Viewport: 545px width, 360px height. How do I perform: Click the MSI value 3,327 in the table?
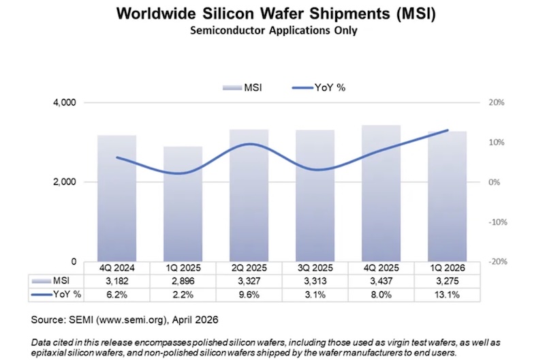(248, 281)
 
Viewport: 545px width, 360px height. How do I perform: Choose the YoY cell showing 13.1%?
(446, 295)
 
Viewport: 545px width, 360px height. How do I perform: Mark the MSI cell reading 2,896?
(182, 281)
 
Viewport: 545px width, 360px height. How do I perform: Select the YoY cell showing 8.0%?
(380, 295)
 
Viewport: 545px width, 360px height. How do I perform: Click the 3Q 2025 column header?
(314, 268)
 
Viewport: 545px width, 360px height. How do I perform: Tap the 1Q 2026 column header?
(446, 268)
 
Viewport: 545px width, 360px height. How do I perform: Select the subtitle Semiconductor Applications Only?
(272, 31)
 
